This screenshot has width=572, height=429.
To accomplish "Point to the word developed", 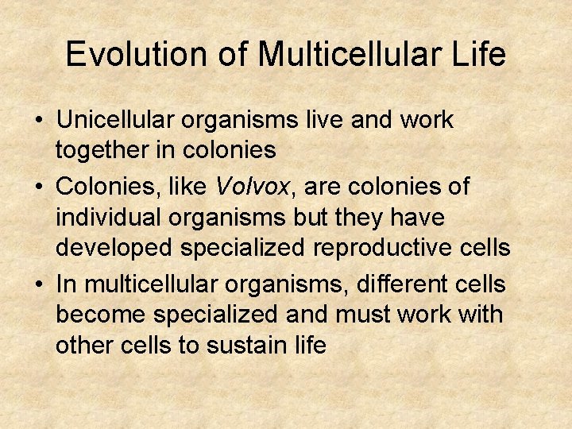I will click(x=114, y=248).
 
